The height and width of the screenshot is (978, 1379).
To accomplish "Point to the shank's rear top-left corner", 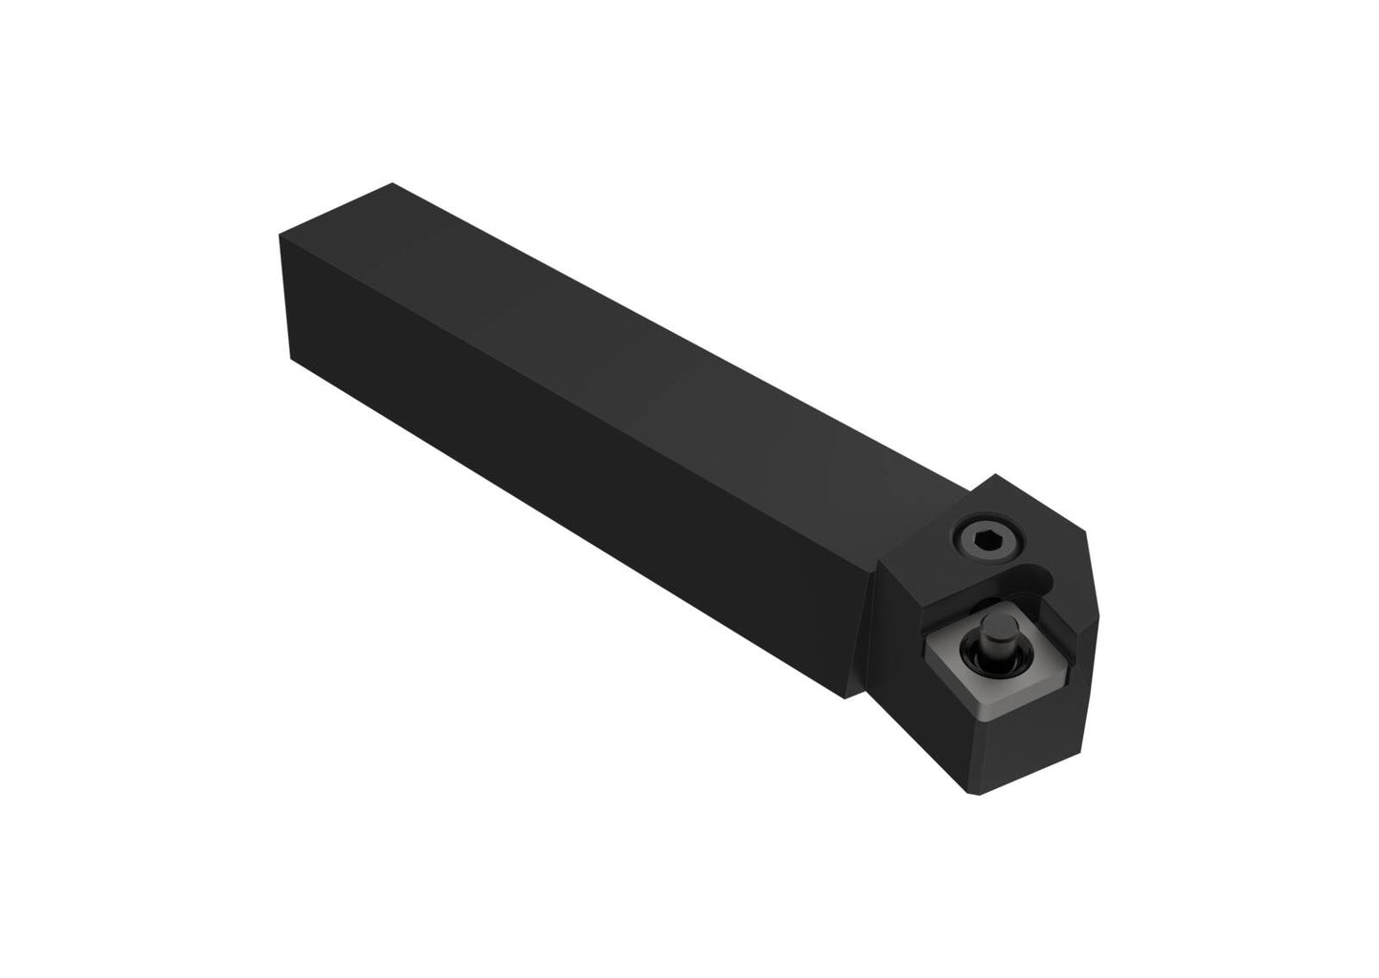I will point(280,234).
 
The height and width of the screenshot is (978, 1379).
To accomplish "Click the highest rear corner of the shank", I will point(392,183).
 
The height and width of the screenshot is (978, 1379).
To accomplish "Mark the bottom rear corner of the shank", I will point(289,358).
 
